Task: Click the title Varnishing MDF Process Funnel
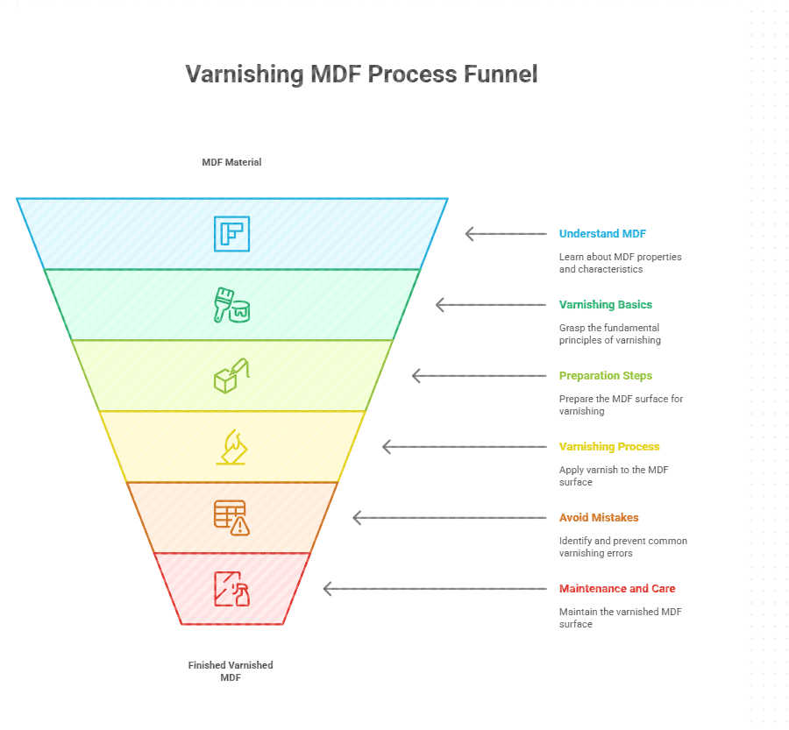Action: tap(361, 74)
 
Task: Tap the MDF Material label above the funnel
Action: tap(231, 162)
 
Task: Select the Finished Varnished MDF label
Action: tap(231, 671)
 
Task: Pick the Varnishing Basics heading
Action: tap(605, 305)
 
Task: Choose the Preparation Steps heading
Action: tap(605, 376)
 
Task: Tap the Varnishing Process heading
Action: tap(609, 447)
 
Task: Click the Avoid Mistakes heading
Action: tap(599, 518)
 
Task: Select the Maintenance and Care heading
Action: tap(617, 589)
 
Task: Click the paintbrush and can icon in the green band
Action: tap(231, 305)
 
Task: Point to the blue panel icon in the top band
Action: tap(231, 234)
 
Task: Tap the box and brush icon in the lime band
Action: tap(231, 375)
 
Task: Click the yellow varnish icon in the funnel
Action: tap(231, 447)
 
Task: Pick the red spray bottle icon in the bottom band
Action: tap(231, 589)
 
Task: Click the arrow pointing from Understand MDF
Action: tap(505, 234)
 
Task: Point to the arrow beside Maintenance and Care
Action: tap(434, 589)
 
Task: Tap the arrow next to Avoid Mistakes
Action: tap(449, 518)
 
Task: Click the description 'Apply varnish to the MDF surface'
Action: tap(614, 476)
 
